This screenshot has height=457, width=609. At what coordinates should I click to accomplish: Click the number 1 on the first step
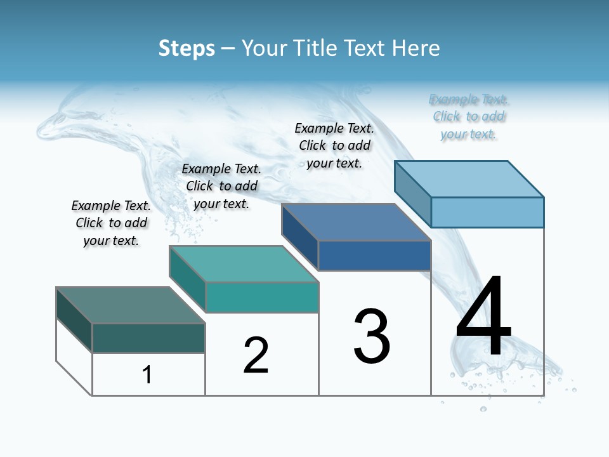point(147,374)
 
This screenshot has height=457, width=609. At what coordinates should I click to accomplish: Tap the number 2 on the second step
point(256,355)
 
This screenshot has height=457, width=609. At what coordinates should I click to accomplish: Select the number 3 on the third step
point(372,336)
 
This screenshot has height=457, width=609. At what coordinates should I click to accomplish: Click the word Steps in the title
point(187,48)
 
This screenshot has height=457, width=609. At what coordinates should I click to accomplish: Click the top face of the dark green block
point(130,305)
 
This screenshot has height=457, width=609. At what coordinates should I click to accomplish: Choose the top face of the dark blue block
point(356,222)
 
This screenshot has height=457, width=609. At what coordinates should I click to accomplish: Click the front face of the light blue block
point(487,212)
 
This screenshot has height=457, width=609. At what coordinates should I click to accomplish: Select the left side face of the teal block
point(187,278)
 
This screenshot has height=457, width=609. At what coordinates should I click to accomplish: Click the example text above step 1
point(111,223)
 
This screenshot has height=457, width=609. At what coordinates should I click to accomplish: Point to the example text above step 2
point(221,186)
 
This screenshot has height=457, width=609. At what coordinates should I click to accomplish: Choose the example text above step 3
point(334,145)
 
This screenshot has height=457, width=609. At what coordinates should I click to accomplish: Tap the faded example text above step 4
point(469,116)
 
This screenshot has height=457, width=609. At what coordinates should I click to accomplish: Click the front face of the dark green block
point(148,338)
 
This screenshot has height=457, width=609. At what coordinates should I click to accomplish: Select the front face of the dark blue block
point(374,256)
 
